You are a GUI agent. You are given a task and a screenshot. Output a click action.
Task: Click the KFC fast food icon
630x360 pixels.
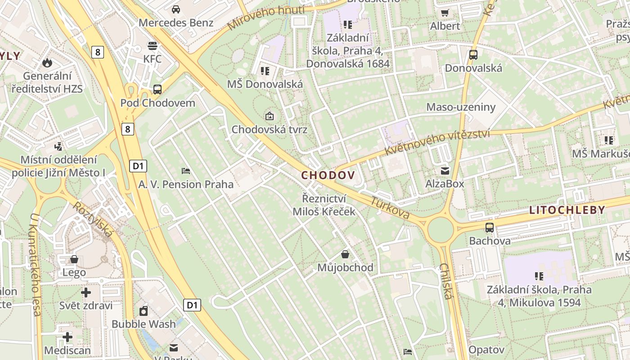[153, 45]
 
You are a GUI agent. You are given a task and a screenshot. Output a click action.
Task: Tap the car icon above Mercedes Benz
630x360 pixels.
[176, 9]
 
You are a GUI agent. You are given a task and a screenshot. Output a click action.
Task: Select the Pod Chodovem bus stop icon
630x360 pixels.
[157, 89]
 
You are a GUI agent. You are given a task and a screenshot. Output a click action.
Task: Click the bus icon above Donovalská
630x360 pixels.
[473, 55]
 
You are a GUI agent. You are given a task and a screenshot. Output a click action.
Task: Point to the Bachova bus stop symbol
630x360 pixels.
[490, 228]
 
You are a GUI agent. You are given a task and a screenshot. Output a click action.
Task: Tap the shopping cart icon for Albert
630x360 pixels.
[445, 13]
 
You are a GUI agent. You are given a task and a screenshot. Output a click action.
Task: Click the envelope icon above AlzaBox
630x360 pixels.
[445, 171]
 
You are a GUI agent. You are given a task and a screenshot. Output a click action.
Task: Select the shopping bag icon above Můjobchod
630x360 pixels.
[345, 254]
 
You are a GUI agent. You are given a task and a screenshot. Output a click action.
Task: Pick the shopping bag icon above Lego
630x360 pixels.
[74, 259]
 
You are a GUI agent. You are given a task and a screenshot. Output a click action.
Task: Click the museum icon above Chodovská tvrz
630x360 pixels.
[269, 116]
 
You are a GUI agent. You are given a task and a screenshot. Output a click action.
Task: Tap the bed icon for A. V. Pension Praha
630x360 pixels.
[186, 171]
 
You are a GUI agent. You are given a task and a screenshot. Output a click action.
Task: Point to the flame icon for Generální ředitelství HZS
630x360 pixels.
[47, 63]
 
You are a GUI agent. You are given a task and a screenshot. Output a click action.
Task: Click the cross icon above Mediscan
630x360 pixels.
[67, 337]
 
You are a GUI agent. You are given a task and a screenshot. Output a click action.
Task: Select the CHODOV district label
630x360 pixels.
[328, 175]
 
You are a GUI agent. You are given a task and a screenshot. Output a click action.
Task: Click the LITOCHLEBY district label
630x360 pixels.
[567, 210]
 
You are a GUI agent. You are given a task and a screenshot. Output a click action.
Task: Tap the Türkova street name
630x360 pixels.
[390, 208]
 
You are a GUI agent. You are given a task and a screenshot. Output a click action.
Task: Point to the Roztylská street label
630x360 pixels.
[93, 219]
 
